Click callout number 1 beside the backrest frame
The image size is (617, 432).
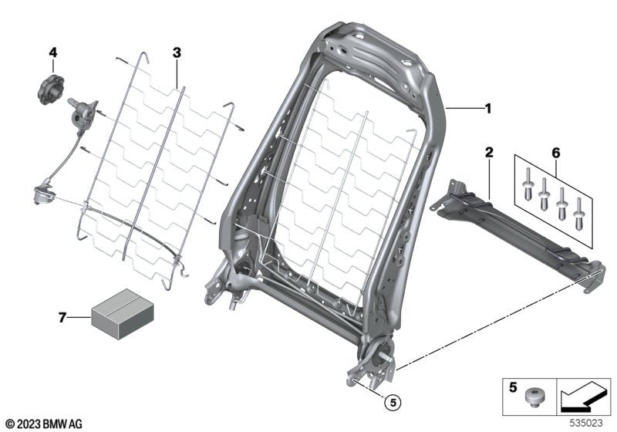click(x=487, y=110)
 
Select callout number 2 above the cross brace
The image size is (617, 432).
click(x=488, y=152)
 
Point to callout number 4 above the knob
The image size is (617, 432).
click(x=53, y=52)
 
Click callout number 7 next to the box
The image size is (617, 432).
click(x=63, y=316)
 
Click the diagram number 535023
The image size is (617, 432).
click(x=587, y=424)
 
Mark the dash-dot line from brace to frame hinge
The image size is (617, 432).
click(x=494, y=316)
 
